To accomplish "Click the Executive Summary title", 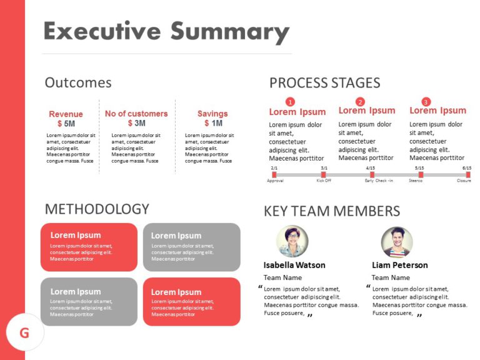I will [166, 31].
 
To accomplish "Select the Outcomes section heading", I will [78, 82].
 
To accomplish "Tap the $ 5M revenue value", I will [66, 124].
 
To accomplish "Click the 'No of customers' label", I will [136, 114].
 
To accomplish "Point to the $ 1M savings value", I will [212, 123].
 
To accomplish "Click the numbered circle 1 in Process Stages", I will [289, 102].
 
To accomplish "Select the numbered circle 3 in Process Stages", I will [426, 102].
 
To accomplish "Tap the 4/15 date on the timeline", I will [371, 168].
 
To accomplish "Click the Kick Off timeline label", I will [324, 181].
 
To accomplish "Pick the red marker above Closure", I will [467, 175].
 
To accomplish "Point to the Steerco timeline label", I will [416, 181].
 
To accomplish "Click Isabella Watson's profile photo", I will [292, 241].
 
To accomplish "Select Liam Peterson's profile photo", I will [397, 241].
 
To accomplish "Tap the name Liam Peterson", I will [399, 265].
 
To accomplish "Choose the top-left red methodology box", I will [89, 247].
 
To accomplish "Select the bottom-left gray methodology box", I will [89, 302].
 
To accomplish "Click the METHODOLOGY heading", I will [97, 209].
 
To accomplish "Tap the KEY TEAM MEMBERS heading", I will [332, 211].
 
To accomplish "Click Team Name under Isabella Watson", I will [282, 277].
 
